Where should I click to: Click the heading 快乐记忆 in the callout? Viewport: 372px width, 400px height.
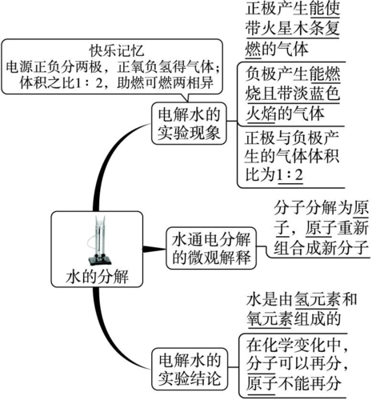pyautogui.click(x=114, y=47)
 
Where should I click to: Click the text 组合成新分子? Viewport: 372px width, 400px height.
pyautogui.click(x=310, y=246)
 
